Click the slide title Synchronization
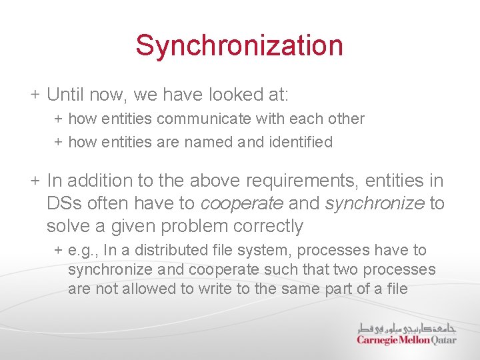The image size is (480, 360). (x=239, y=46)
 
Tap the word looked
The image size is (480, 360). (x=229, y=95)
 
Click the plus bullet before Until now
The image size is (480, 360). (x=34, y=95)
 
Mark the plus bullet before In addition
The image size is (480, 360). (x=34, y=181)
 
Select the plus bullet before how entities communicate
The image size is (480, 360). (x=58, y=119)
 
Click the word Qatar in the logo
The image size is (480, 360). (x=444, y=340)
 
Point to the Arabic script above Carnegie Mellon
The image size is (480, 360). (x=406, y=327)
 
